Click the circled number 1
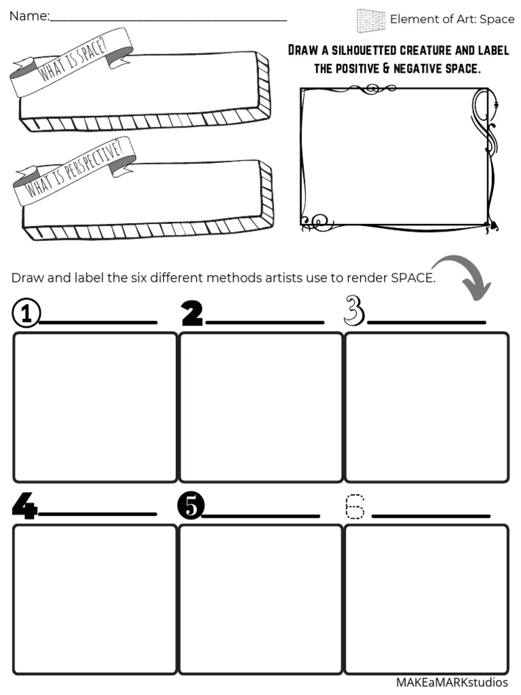[26, 314]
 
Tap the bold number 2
[192, 313]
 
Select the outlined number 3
[354, 310]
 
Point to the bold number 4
[24, 506]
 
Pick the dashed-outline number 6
[354, 507]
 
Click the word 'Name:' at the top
[28, 16]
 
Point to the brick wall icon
[370, 20]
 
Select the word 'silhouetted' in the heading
[366, 51]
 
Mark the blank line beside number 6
[431, 516]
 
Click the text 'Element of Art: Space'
[452, 19]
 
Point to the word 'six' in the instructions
[140, 278]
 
